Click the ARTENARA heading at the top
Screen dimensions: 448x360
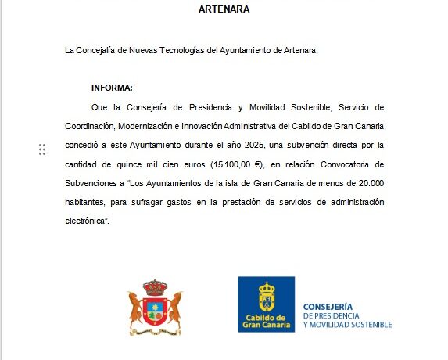tap(224, 11)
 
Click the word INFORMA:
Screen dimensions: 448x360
tap(112, 88)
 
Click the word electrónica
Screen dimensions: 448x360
tap(86, 221)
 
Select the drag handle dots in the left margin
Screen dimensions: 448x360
tap(42, 149)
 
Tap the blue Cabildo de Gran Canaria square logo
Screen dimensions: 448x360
tap(266, 304)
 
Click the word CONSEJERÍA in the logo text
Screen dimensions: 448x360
tap(327, 308)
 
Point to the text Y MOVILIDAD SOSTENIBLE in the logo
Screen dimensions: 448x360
tap(346, 324)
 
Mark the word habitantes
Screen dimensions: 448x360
tap(89, 202)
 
